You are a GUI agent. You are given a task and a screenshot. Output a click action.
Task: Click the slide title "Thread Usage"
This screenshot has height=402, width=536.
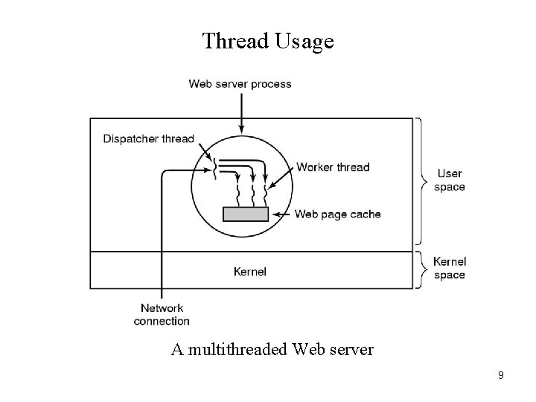[268, 41]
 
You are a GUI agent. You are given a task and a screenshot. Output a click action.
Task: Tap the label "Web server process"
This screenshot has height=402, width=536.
[240, 84]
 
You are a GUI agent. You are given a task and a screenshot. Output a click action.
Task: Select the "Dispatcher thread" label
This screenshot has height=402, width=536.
[147, 138]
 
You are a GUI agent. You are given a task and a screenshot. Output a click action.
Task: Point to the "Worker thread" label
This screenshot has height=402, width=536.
[333, 167]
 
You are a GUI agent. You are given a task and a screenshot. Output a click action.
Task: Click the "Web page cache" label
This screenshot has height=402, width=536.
[338, 214]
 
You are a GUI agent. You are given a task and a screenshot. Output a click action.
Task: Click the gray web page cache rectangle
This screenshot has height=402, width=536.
[246, 214]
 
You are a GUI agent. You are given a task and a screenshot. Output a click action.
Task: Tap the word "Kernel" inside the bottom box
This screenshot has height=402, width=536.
[249, 272]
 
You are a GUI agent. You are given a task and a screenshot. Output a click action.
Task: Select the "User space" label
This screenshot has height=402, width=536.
[449, 180]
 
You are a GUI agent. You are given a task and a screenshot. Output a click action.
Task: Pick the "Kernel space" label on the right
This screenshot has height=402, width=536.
[450, 268]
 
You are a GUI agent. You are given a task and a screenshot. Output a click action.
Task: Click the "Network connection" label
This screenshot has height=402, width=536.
[162, 315]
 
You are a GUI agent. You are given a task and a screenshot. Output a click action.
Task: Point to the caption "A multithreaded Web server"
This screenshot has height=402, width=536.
[272, 348]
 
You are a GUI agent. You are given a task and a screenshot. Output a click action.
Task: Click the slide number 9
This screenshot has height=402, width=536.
[501, 375]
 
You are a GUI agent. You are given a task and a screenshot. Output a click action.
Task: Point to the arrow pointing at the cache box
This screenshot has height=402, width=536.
[281, 214]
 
